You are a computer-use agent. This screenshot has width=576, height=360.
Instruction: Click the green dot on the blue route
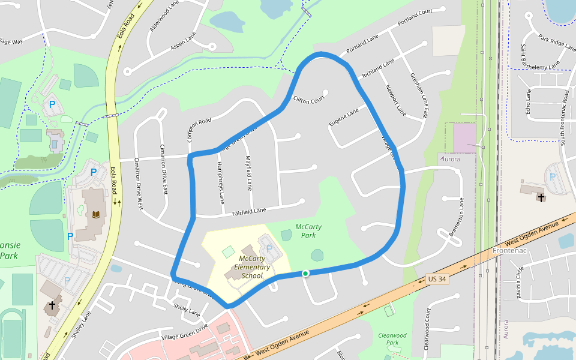click(x=305, y=274)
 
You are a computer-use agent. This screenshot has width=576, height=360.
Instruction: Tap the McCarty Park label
click(x=308, y=231)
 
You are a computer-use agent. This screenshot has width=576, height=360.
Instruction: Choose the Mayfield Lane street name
click(x=249, y=173)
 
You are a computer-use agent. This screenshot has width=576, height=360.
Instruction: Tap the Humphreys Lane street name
click(x=221, y=181)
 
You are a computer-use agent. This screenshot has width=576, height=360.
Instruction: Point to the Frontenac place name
click(x=509, y=250)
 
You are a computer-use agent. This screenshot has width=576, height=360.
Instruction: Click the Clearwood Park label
click(x=392, y=339)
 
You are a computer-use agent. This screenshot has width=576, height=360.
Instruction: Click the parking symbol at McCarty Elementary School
click(x=269, y=248)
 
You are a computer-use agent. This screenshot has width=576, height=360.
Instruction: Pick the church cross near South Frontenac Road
click(x=541, y=196)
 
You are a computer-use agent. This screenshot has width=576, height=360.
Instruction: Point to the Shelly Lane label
click(x=187, y=310)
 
